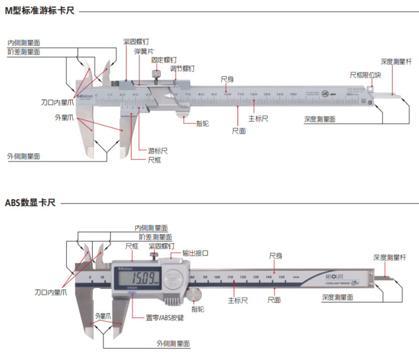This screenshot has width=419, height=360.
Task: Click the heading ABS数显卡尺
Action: coord(30,203)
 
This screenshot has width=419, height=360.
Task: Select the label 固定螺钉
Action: coord(164,60)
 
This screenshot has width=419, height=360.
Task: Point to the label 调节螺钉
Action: coord(182,69)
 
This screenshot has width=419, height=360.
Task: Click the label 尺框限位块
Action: coord(365,75)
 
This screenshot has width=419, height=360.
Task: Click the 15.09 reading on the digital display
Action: coord(139,279)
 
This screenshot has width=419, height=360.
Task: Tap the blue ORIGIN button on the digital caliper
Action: coord(131,294)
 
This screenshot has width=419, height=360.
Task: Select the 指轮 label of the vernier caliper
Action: coord(202,123)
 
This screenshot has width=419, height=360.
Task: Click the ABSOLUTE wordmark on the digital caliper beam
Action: coord(335,276)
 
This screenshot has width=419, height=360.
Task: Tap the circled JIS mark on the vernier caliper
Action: coord(325,94)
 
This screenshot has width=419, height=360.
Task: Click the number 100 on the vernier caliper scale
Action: coord(227,95)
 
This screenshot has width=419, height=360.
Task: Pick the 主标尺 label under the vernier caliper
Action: coord(258,119)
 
